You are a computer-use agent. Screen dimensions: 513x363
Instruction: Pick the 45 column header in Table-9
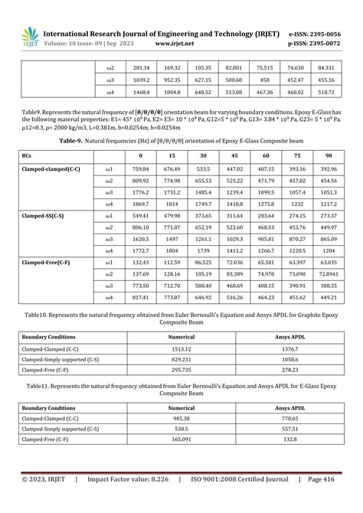tap(234, 155)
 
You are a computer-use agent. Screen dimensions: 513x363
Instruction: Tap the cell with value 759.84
tap(140, 168)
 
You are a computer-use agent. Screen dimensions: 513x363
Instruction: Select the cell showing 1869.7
tap(140, 204)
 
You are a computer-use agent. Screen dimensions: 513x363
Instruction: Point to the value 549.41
tap(140, 217)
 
